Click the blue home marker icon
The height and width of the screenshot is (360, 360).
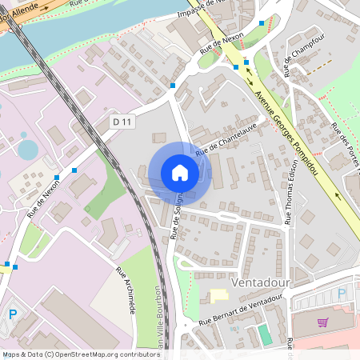[x=180, y=173]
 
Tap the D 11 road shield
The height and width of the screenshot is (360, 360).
[x=122, y=121]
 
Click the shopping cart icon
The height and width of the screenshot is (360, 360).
[x=322, y=322]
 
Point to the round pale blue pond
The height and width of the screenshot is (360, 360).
[x=27, y=150]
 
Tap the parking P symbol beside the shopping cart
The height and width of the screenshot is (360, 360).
[x=342, y=294]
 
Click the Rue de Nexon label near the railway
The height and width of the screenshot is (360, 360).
[x=43, y=199]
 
